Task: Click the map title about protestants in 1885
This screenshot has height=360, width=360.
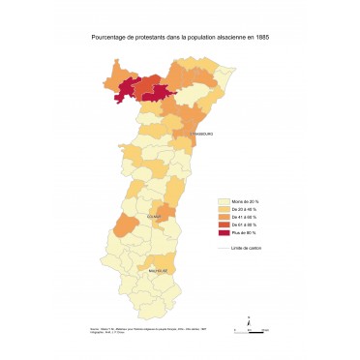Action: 179,36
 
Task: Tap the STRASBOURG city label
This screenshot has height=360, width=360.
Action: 200,134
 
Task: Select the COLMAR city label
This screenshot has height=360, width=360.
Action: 153,217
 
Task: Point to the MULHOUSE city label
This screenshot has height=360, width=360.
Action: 158,271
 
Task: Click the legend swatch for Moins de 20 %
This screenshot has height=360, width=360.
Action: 225,200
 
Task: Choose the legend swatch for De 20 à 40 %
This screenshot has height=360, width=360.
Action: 225,209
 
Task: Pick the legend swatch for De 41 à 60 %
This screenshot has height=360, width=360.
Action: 225,217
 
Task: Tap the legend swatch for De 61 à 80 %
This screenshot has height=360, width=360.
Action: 225,225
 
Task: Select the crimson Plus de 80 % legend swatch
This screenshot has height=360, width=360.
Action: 225,232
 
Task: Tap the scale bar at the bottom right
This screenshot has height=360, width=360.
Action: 250,331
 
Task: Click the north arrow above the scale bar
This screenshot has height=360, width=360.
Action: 250,318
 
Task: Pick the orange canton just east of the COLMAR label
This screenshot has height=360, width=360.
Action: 168,213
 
